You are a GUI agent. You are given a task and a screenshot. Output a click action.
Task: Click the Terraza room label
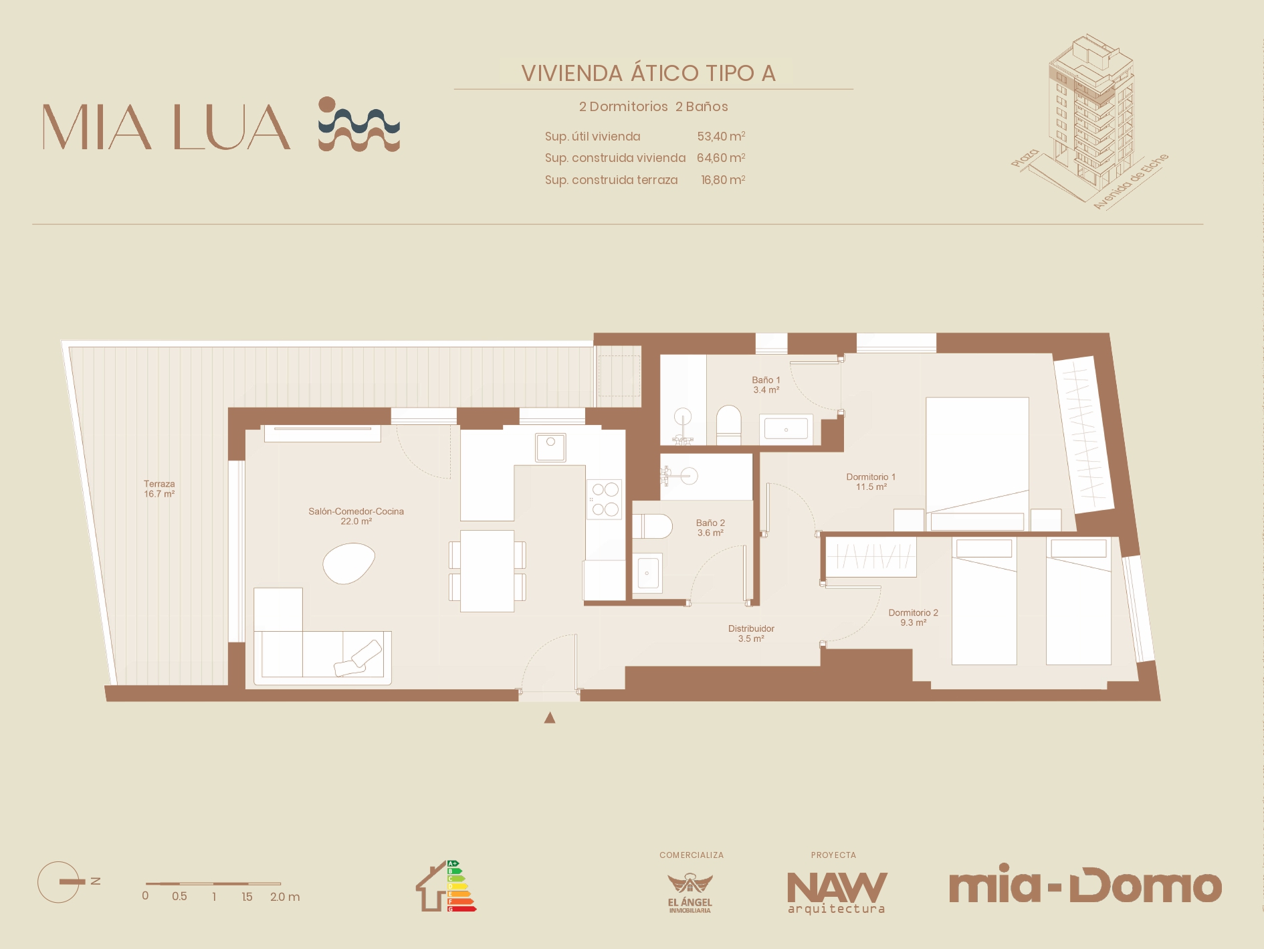(x=159, y=489)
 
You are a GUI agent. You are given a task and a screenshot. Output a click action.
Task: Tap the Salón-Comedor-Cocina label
(x=356, y=516)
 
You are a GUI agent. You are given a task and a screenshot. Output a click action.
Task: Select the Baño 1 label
(x=766, y=385)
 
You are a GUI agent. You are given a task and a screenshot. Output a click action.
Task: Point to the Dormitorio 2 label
(x=913, y=617)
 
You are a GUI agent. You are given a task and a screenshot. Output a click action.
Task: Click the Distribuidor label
(x=751, y=633)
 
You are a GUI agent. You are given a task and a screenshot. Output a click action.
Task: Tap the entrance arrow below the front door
(x=550, y=717)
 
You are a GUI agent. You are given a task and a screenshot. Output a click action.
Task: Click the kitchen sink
(x=550, y=447)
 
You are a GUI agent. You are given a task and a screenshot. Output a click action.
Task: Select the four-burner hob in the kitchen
(x=605, y=499)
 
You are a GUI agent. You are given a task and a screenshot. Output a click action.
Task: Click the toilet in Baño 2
(x=652, y=526)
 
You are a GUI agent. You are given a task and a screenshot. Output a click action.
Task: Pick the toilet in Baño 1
(x=728, y=425)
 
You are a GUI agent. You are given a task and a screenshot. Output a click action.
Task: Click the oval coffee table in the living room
(x=348, y=563)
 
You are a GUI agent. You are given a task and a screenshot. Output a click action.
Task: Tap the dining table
(x=487, y=571)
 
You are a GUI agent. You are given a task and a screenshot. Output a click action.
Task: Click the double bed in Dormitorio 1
(x=977, y=464)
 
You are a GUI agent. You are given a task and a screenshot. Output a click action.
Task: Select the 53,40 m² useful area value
(x=721, y=136)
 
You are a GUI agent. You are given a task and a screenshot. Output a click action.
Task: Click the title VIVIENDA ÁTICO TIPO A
(x=648, y=73)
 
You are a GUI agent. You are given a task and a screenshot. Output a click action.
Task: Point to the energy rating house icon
(x=445, y=886)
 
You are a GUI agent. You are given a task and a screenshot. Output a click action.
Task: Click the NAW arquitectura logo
(x=837, y=892)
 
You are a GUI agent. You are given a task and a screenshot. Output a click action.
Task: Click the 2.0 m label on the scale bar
(x=285, y=897)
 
